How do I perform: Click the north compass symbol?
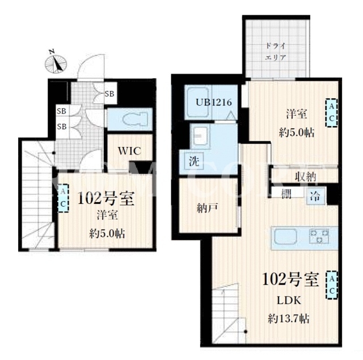(56, 62)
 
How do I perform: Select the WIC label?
(129, 151)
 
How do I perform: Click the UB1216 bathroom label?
(214, 102)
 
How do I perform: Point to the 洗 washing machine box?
(194, 161)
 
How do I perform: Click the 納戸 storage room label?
(207, 208)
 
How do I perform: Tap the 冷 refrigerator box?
(316, 196)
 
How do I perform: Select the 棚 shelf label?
(286, 194)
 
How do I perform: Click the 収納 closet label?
(306, 177)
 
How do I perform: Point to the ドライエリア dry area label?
(275, 52)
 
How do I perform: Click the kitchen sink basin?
(285, 236)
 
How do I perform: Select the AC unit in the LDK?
(332, 285)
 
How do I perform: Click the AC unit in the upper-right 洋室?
(331, 112)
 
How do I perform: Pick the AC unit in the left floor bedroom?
(63, 198)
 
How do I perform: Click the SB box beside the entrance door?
(110, 94)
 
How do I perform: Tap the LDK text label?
(289, 300)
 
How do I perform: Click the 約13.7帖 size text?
(289, 319)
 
